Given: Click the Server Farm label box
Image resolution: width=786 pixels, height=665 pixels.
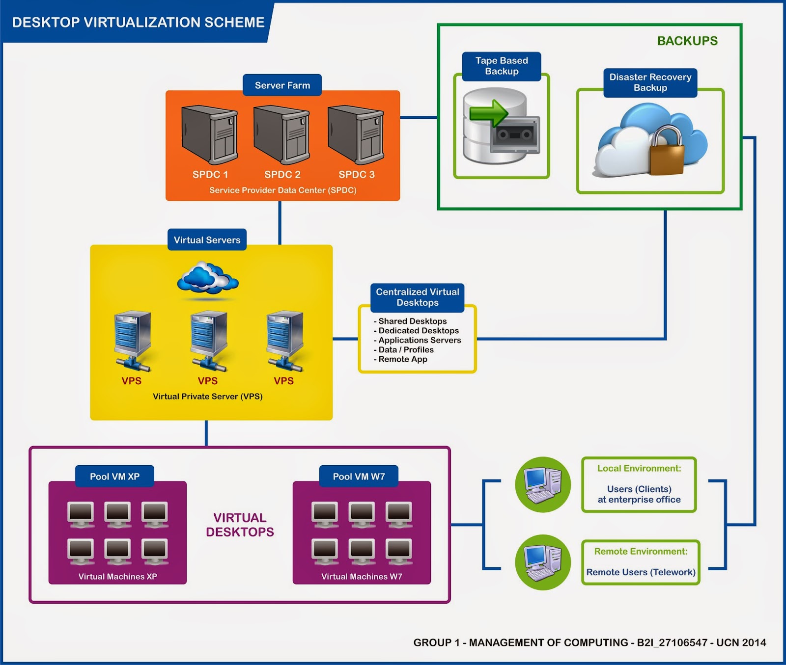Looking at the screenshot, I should [282, 85].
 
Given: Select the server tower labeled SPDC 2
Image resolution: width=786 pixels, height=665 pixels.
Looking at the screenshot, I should [281, 134].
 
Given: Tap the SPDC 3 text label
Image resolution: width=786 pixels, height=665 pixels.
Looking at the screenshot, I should [357, 175].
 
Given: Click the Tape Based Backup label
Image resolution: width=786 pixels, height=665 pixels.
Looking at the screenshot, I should [502, 66].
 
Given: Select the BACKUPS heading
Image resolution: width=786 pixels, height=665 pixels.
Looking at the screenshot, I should [687, 41].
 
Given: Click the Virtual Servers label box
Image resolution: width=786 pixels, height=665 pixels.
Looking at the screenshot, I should [207, 240].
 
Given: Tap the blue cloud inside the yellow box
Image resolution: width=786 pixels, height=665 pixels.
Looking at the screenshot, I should [208, 278].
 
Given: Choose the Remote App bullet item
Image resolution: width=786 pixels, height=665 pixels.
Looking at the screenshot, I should [402, 359].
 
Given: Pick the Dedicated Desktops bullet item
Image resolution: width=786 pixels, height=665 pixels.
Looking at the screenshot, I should [418, 331].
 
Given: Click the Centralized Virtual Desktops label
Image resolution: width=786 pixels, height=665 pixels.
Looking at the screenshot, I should [418, 297].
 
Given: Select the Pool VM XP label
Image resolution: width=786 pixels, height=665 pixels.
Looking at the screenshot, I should [114, 477].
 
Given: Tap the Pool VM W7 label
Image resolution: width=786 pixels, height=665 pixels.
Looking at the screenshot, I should [359, 477].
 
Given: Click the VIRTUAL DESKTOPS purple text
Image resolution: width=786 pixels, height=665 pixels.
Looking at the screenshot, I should [240, 525].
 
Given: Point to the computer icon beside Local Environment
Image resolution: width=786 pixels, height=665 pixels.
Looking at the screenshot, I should [543, 485].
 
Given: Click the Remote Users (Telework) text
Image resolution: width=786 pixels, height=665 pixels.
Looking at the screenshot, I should [641, 572].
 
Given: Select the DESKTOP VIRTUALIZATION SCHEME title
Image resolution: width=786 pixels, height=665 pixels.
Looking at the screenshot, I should [138, 23].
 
